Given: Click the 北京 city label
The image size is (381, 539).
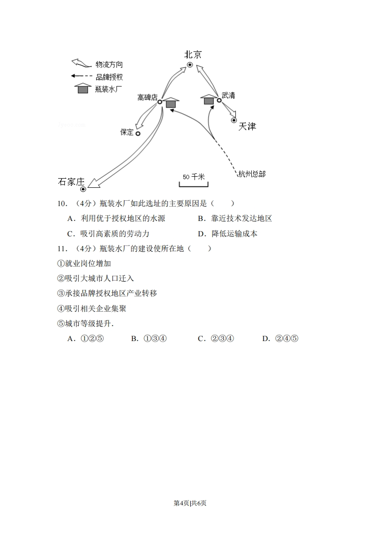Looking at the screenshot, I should click(193, 54).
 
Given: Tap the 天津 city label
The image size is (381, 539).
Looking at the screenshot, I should click(247, 126).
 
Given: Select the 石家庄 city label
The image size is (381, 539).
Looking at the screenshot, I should click(71, 182).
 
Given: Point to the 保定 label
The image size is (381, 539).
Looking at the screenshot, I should click(127, 132).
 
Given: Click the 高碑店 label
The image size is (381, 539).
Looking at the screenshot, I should click(147, 98).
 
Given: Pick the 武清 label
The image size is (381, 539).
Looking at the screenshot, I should click(228, 95).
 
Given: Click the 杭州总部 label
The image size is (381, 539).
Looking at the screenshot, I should click(252, 174).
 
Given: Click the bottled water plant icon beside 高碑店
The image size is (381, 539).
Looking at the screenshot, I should click(171, 102).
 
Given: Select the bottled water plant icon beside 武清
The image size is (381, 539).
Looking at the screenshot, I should click(209, 99).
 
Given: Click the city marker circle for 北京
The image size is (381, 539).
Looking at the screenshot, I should click(190, 64).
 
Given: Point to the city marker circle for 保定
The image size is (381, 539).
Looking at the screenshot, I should click(138, 134).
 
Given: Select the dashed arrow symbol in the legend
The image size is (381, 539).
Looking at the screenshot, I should click(81, 76).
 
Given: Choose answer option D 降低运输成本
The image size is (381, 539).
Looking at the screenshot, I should click(234, 234).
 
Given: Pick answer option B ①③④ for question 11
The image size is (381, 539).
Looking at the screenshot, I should click(149, 339).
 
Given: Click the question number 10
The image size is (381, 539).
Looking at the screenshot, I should click(62, 204).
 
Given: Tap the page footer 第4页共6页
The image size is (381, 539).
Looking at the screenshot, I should click(190, 503).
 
